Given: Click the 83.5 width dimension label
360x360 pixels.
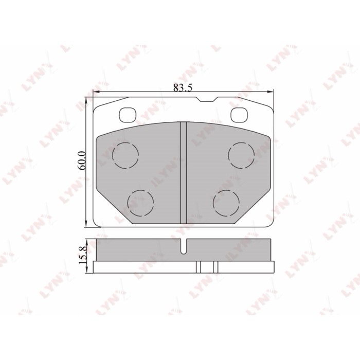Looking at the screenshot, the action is (183, 87).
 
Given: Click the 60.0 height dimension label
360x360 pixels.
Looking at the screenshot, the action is (81, 160).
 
